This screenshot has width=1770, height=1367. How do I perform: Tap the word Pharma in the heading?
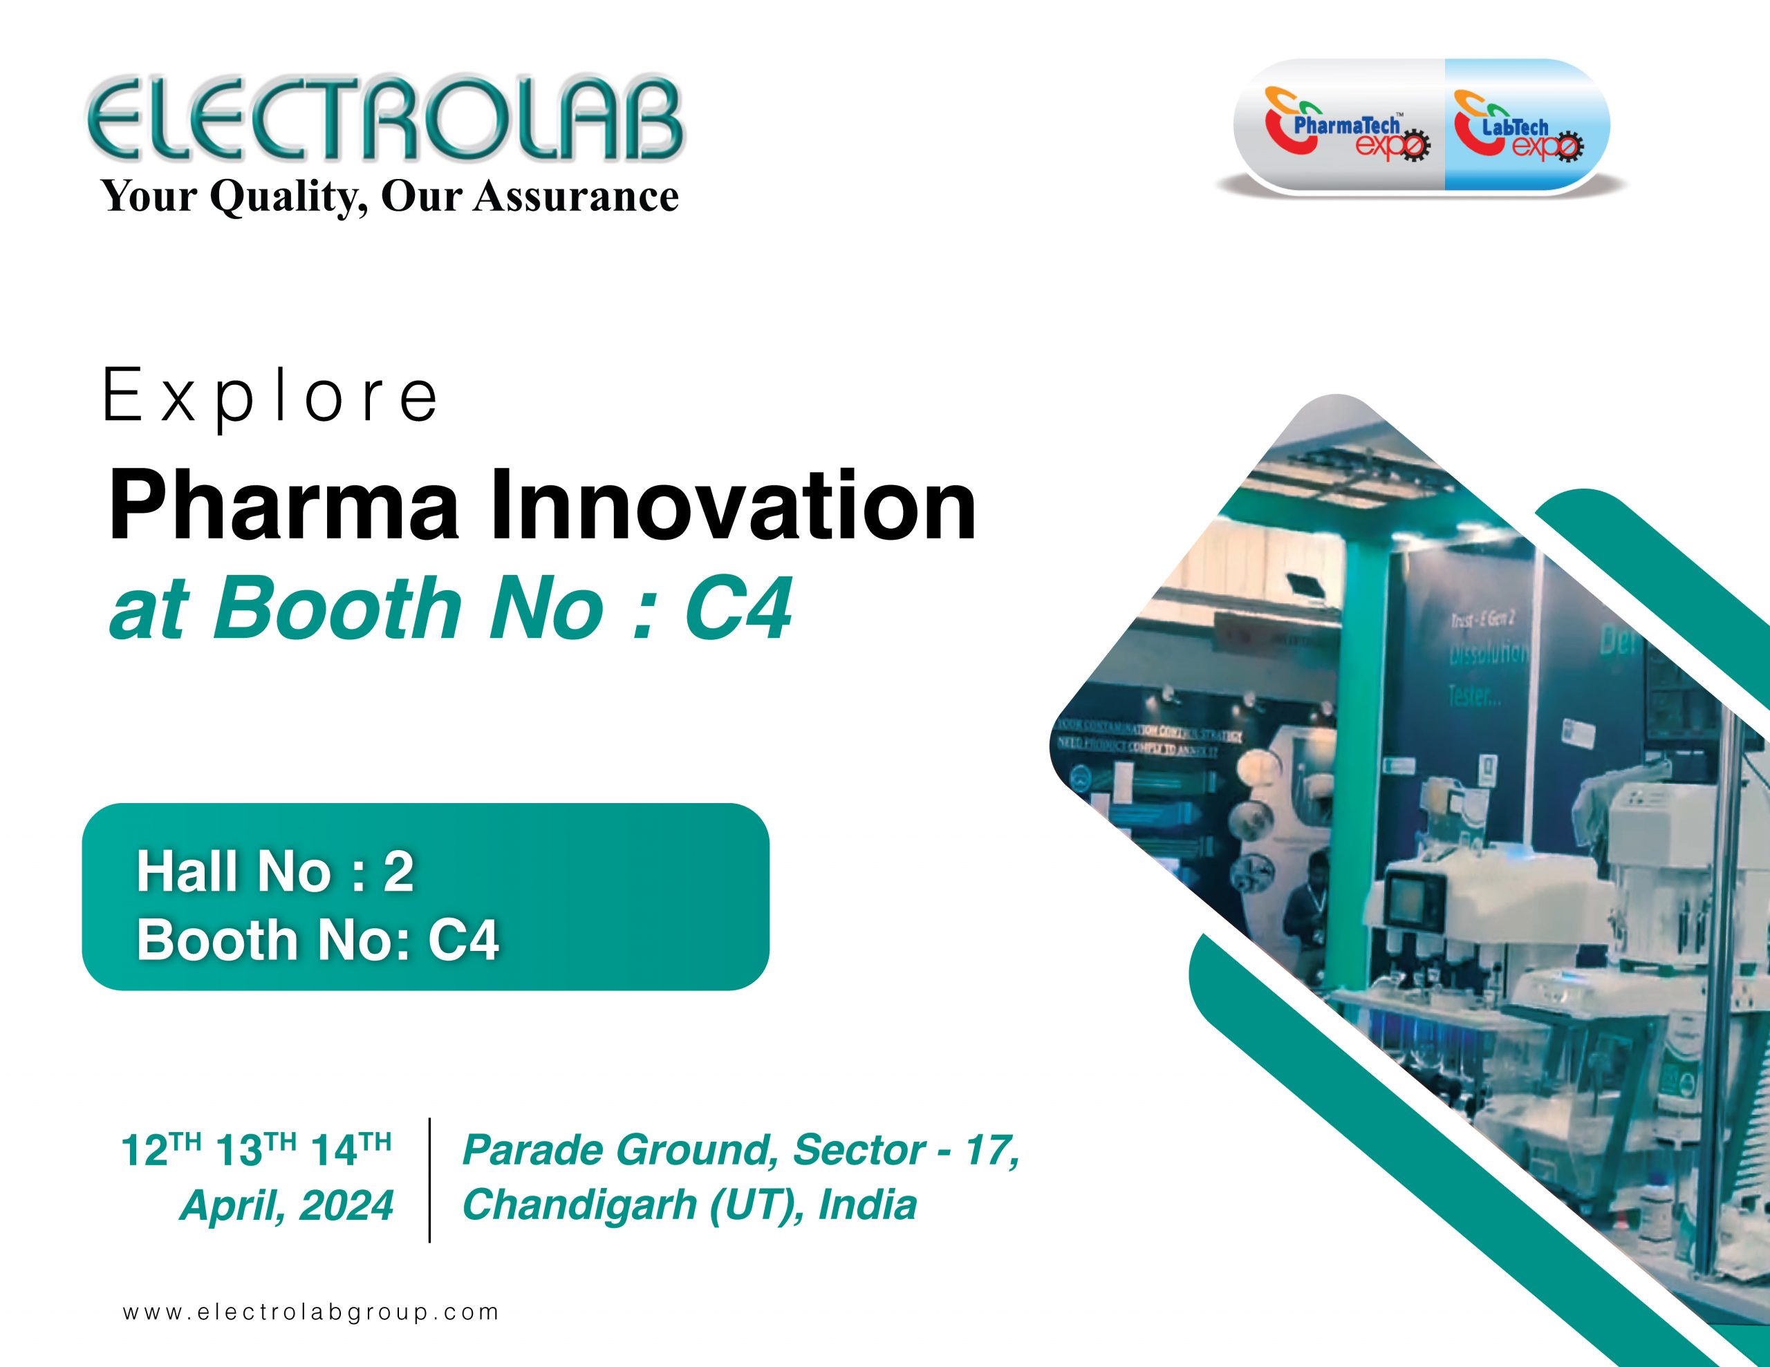coord(283,507)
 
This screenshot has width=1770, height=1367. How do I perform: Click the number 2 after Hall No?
coord(398,873)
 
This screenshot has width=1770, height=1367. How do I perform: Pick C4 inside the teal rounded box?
coord(463,940)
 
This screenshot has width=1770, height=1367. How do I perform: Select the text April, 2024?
coord(287,1205)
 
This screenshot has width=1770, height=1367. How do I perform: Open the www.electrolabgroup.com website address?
coord(310,1312)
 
